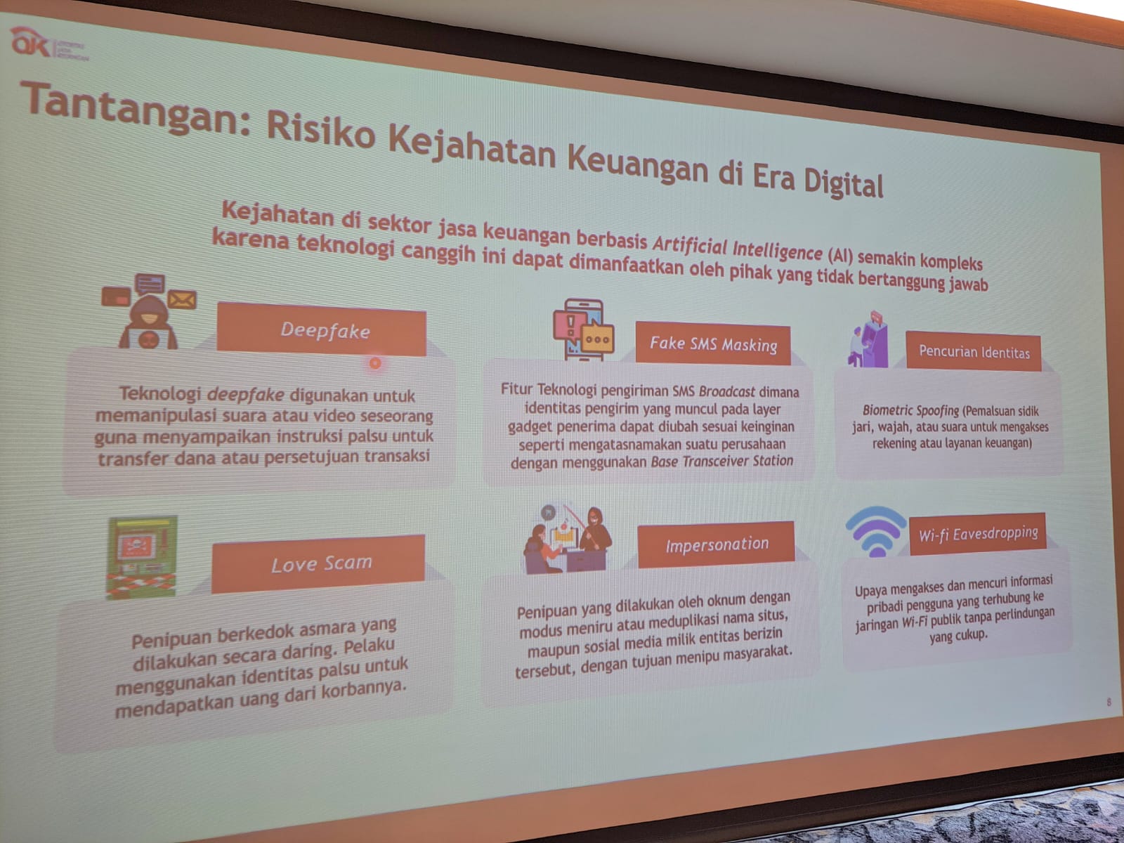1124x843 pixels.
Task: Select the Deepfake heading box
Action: (x=324, y=330)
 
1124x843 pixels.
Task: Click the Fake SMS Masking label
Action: (x=712, y=344)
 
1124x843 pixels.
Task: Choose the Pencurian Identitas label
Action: (x=974, y=351)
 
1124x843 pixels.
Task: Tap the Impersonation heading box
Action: (x=717, y=544)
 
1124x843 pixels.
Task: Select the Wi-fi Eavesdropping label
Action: (x=977, y=533)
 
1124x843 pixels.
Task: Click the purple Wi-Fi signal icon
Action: (x=876, y=530)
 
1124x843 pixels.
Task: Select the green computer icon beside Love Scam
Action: (x=141, y=558)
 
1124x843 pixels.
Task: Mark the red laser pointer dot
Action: (x=375, y=362)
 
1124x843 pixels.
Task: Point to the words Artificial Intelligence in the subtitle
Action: (x=737, y=247)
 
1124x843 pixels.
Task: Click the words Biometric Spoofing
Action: (x=910, y=410)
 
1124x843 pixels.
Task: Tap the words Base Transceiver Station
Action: (x=722, y=462)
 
